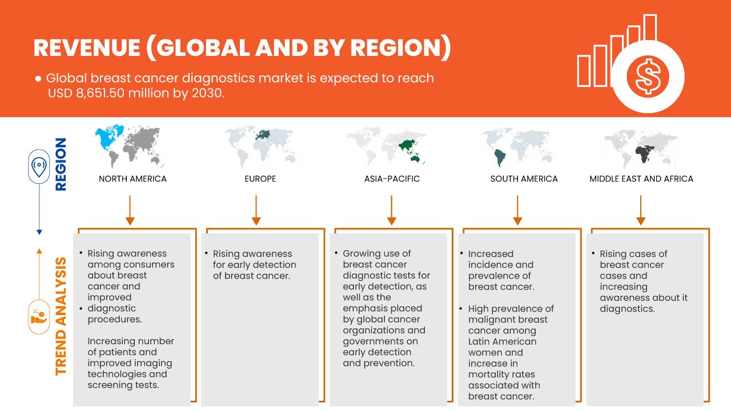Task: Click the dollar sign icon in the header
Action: (x=648, y=76)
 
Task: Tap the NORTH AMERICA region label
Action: (x=132, y=179)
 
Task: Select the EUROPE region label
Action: (x=260, y=179)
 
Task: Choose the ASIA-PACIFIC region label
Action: (x=392, y=179)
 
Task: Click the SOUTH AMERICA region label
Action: (x=524, y=179)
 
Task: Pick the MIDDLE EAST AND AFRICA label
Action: (x=641, y=179)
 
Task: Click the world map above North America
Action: (x=131, y=146)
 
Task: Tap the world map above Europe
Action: (x=261, y=146)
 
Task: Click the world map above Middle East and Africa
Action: (x=641, y=147)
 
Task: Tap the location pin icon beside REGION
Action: (x=39, y=167)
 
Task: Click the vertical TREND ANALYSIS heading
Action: (x=61, y=316)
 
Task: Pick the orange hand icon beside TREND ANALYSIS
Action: (x=39, y=316)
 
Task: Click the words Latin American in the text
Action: (x=503, y=341)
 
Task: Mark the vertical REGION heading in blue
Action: (x=61, y=164)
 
